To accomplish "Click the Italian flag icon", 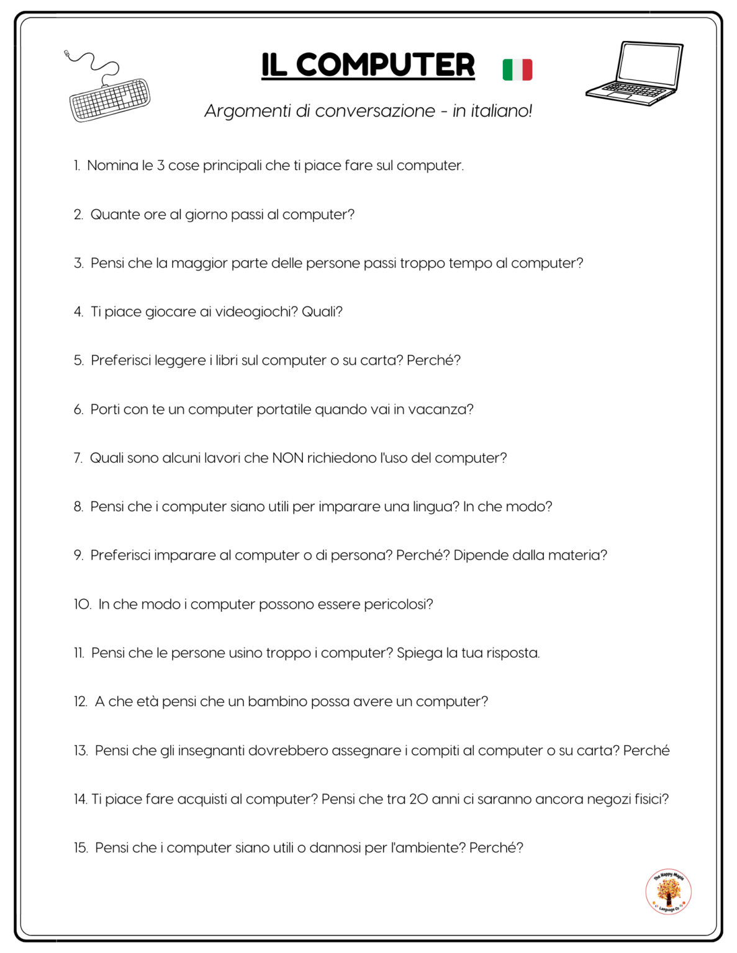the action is point(517,69).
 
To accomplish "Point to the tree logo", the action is point(668,892).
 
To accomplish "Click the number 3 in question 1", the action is point(160,166).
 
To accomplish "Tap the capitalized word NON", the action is point(287,458).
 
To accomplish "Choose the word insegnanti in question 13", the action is point(211,751).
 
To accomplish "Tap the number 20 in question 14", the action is point(418,799).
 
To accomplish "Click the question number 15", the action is point(81,848).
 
